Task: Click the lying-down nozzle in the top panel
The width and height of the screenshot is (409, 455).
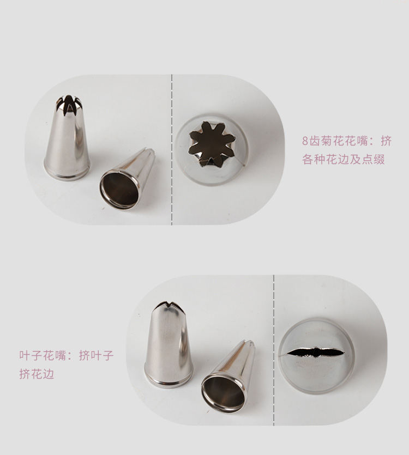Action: pos(127,179)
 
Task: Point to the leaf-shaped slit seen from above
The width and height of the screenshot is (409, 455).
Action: pos(316,352)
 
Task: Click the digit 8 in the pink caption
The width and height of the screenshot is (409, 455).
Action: pos(305,141)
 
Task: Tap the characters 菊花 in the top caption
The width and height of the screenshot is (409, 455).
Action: pos(331,141)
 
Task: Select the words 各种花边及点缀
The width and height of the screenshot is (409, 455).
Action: pos(344,159)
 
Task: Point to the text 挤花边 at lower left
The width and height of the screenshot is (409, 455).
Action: pos(37,374)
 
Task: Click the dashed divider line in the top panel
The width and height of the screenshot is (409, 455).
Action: pos(172,150)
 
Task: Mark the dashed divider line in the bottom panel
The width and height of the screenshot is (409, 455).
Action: pos(274,350)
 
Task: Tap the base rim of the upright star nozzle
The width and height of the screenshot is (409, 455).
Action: pos(67,175)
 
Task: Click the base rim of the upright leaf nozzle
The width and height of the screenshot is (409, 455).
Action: pos(169,381)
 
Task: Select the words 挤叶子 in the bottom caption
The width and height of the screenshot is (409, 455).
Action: pos(96,355)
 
